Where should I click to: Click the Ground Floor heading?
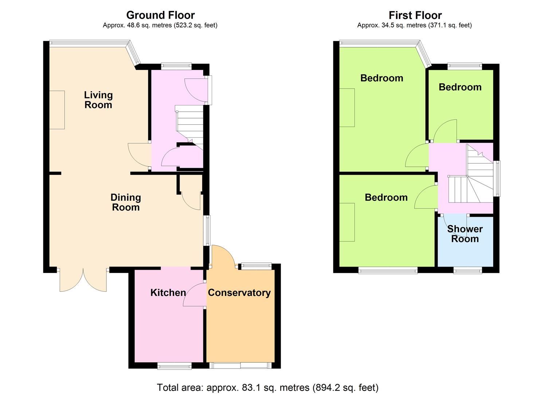point(160,15)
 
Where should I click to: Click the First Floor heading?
point(415,15)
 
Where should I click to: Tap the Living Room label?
point(98,100)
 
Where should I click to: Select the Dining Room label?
point(126,202)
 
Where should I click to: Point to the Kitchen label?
point(168,293)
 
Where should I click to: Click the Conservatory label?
point(239,293)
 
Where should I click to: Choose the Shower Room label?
point(465,234)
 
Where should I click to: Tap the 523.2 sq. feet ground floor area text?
point(196,25)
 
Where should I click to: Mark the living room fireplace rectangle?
point(57,110)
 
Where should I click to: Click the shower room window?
point(468,271)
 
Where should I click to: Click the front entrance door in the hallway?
point(196,90)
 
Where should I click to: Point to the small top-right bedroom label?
point(460,87)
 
